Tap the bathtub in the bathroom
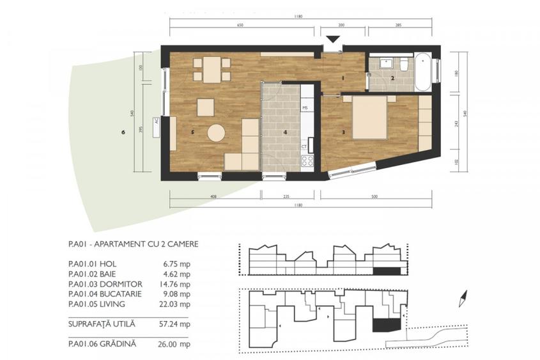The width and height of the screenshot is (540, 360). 424,72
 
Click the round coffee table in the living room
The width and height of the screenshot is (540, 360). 216,133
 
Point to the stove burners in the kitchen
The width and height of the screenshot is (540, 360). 307,160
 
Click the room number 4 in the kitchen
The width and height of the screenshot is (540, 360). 286,132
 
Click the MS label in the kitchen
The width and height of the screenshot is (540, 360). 305,107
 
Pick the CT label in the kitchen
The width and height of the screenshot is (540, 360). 305,146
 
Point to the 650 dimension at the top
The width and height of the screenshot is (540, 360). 240,25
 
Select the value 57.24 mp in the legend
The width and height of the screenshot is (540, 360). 176,324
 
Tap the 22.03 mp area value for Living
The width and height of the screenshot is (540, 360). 176,304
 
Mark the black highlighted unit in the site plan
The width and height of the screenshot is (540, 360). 385,324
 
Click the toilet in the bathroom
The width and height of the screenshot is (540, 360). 404,67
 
